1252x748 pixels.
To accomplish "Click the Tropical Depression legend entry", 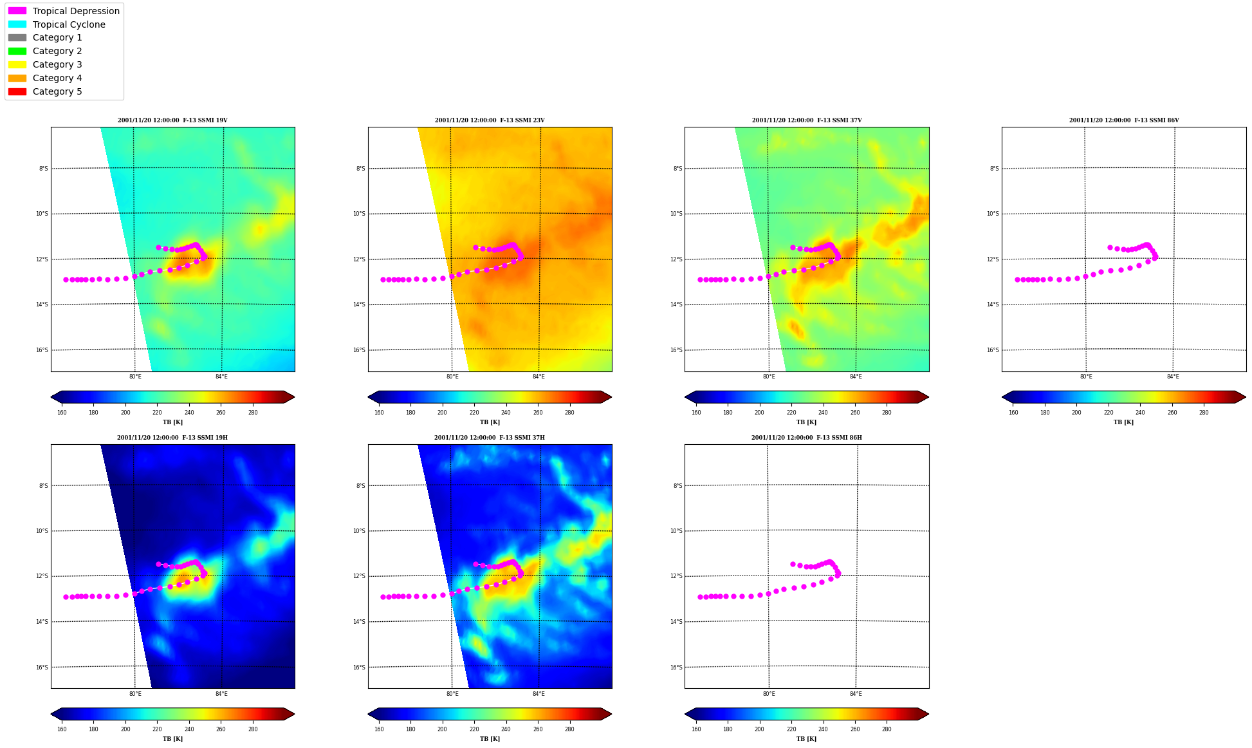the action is tap(64, 11).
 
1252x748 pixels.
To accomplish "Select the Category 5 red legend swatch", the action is tap(17, 91).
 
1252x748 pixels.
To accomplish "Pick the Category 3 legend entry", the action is tap(45, 64).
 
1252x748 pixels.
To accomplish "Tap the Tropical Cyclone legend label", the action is tap(69, 24).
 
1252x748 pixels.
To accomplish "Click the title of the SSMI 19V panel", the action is tap(172, 120).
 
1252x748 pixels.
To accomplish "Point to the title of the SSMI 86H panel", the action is tap(807, 438).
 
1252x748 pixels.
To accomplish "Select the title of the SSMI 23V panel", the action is tap(490, 120).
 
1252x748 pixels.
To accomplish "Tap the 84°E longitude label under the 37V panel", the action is tap(856, 377).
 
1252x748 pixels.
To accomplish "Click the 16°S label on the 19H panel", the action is tap(42, 668).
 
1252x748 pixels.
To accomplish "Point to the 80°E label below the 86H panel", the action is tap(769, 694).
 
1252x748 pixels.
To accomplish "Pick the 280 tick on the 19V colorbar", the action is tap(253, 413).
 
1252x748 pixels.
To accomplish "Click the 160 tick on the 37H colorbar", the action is tap(379, 729).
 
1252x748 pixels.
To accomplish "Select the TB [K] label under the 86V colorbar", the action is tap(1123, 422).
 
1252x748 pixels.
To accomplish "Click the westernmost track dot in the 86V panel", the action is tap(1017, 279).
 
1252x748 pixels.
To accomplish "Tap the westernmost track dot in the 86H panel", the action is tap(700, 597).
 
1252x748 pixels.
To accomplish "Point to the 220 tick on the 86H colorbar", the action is tap(791, 729).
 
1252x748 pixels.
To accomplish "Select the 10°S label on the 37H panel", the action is tap(359, 531).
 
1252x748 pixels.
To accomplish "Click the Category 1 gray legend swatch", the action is tap(17, 38).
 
